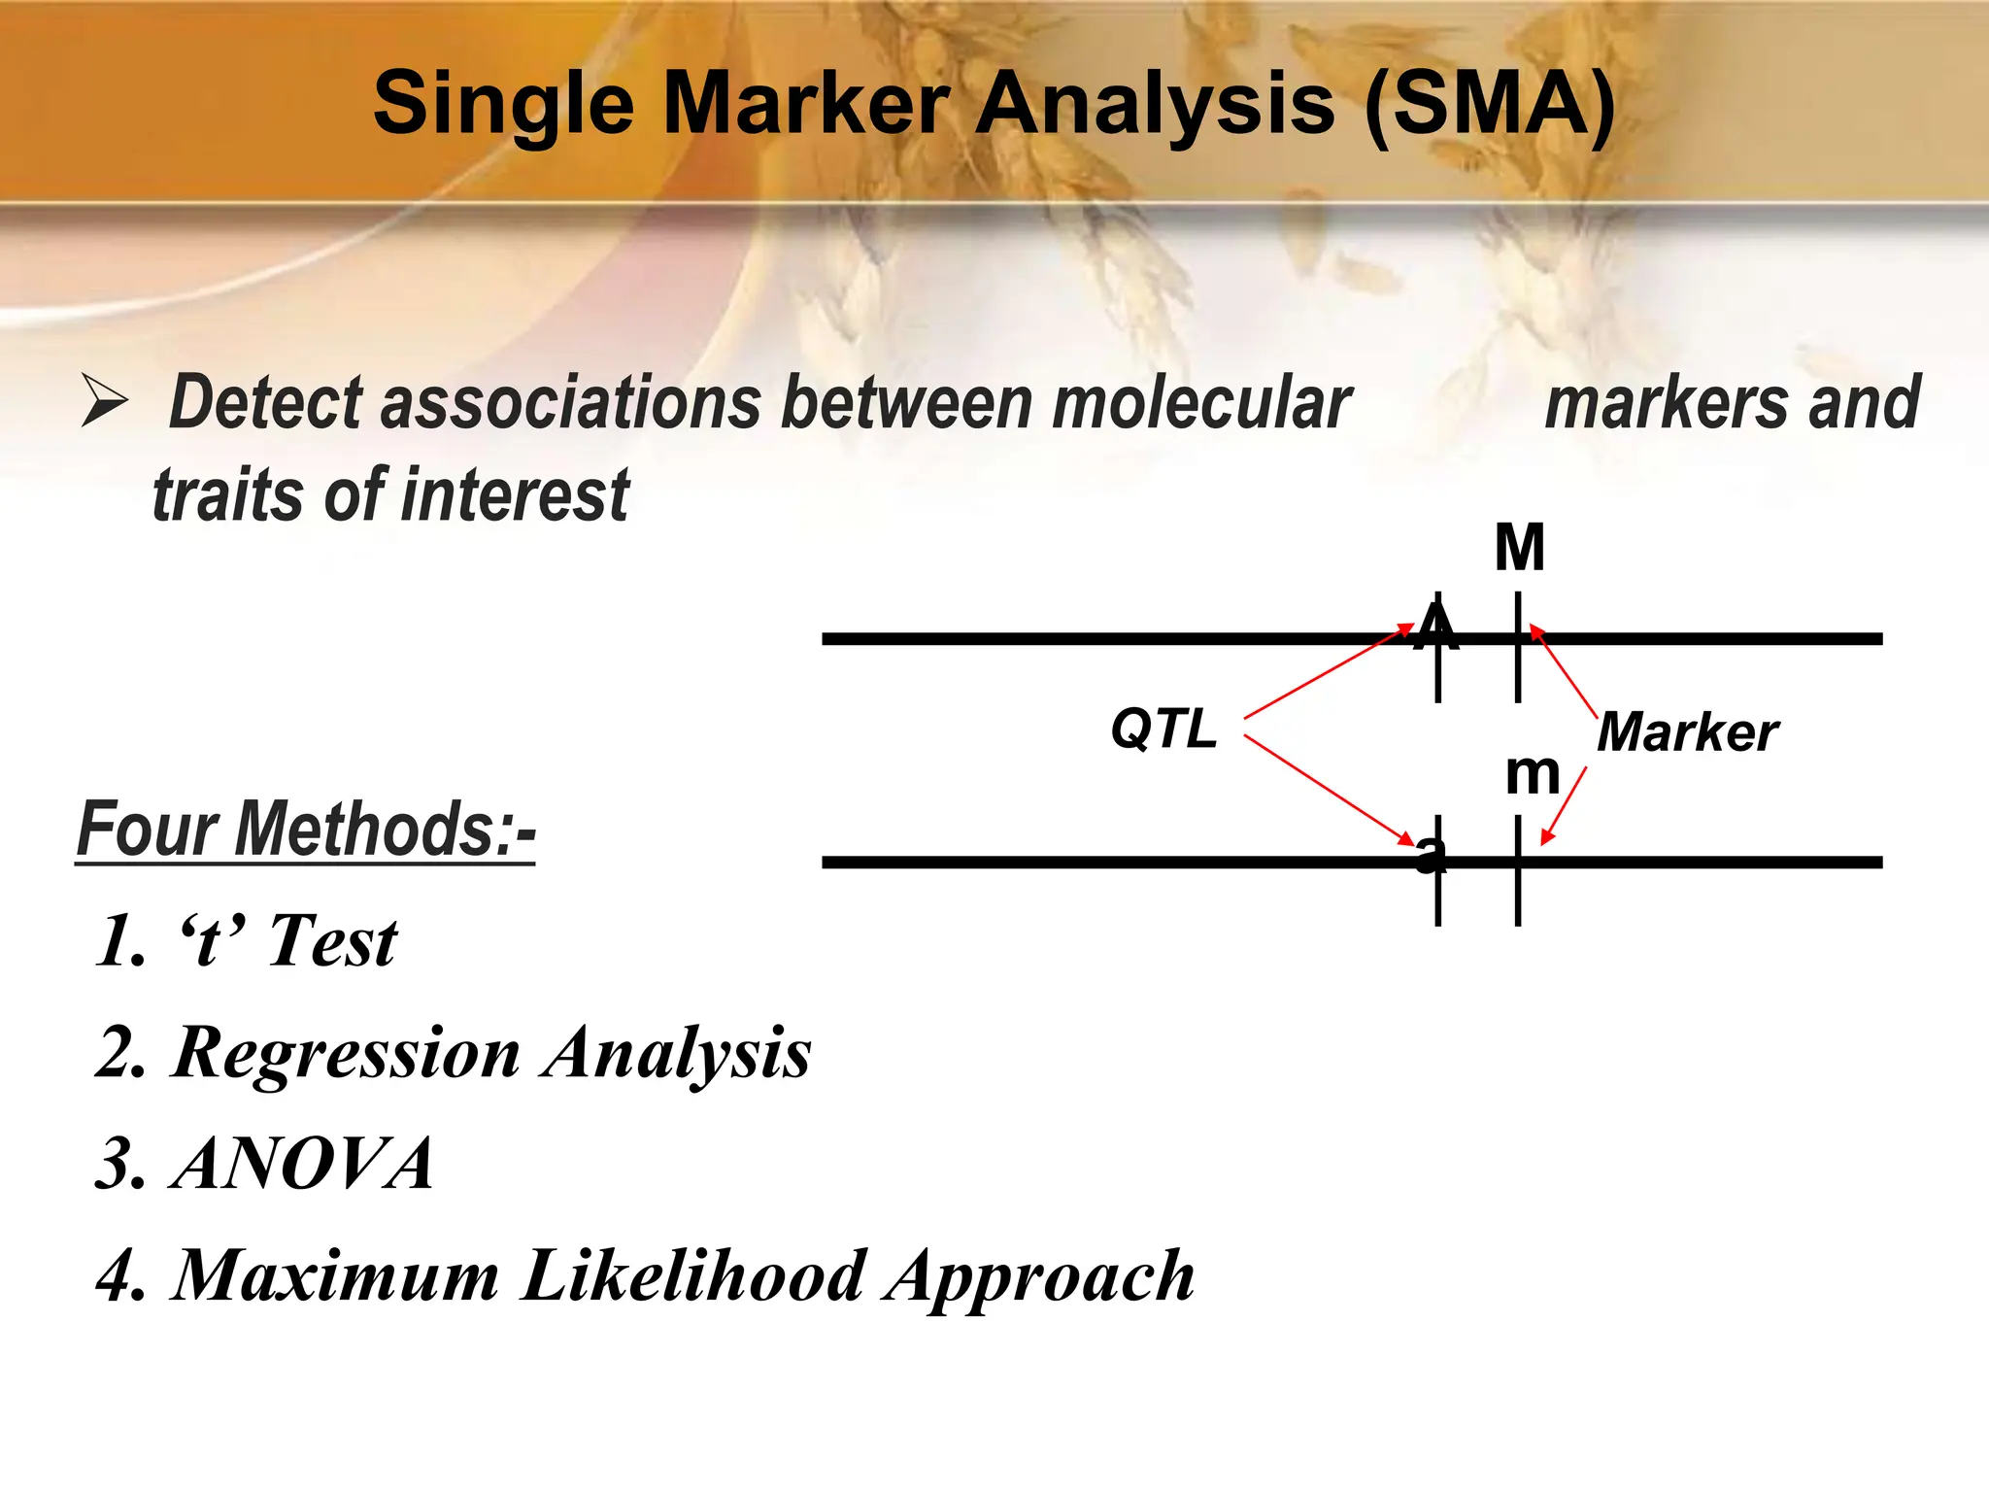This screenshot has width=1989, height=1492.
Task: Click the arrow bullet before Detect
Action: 104,402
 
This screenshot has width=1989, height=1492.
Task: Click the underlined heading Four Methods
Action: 306,830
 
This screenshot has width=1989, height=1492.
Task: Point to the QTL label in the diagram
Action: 1163,729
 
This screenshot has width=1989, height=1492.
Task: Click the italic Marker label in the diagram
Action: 1687,732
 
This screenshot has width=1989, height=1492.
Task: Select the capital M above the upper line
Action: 1519,548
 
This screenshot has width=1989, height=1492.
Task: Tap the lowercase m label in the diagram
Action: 1532,774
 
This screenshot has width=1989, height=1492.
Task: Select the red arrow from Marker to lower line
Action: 1564,805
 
